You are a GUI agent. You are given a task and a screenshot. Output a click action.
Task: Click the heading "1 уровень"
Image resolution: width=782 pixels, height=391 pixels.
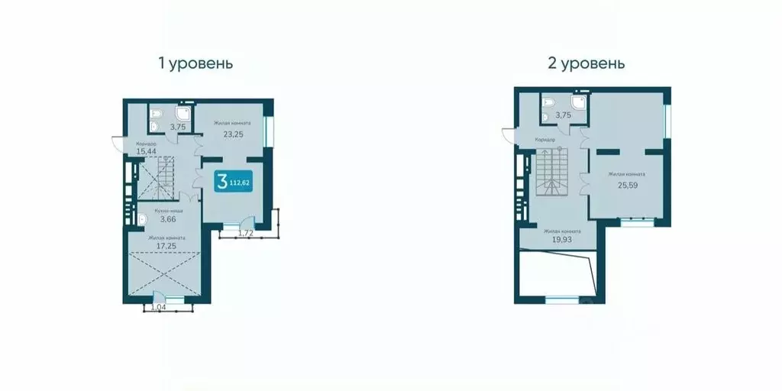click(195, 63)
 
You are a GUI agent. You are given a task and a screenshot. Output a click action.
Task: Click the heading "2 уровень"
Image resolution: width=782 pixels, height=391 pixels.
click(586, 63)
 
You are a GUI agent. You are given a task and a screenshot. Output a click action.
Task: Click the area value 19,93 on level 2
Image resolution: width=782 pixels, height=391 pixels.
click(561, 240)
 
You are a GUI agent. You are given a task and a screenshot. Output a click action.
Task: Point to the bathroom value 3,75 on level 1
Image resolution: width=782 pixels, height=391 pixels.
click(178, 127)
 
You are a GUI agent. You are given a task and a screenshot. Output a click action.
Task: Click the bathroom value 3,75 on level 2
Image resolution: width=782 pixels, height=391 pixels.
click(564, 115)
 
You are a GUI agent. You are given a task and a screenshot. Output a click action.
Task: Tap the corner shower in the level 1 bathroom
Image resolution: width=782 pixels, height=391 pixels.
click(184, 111)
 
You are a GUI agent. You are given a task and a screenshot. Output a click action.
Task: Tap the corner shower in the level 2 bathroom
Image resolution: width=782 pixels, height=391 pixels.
click(578, 101)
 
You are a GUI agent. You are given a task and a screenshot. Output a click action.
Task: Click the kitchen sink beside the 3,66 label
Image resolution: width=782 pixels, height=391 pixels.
click(142, 221)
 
